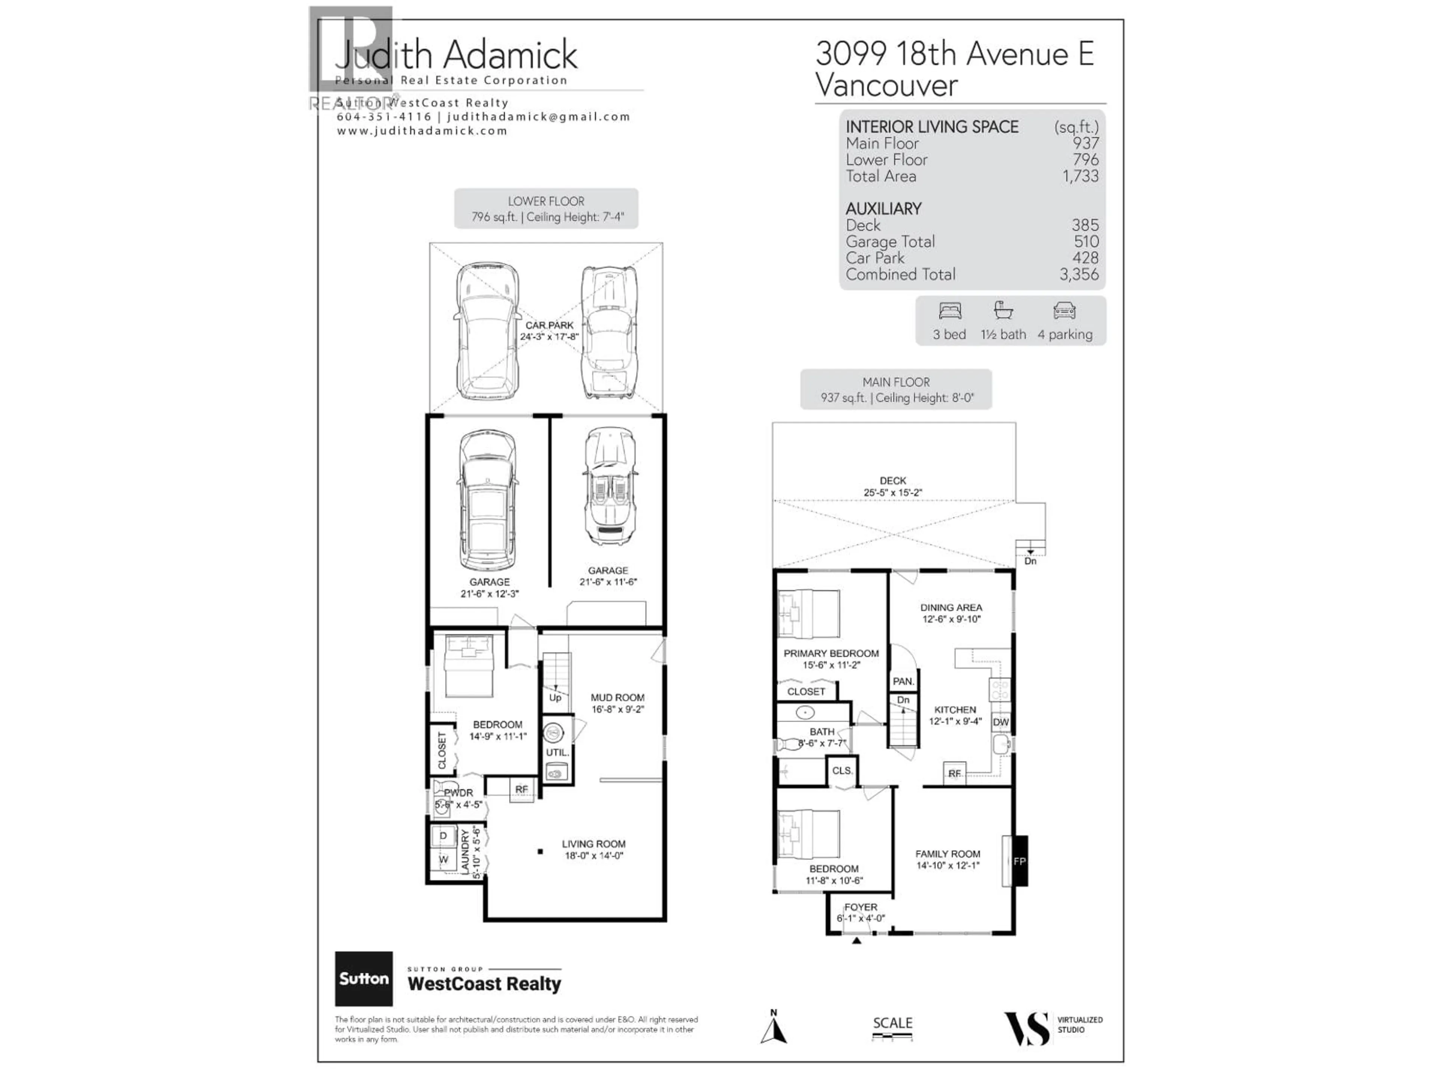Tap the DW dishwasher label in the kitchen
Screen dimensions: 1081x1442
coord(1001,722)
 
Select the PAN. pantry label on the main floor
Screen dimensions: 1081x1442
coord(903,681)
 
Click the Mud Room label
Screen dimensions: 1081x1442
coord(617,697)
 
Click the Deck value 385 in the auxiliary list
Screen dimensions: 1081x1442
coord(1085,225)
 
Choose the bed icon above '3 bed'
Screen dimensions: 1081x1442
coord(950,311)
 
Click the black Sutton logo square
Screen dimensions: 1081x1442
coord(364,978)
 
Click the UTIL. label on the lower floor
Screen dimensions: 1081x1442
coord(557,752)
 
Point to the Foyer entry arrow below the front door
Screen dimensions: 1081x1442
coord(857,940)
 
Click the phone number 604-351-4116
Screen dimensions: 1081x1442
coord(384,117)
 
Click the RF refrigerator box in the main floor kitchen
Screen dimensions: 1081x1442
coord(954,774)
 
